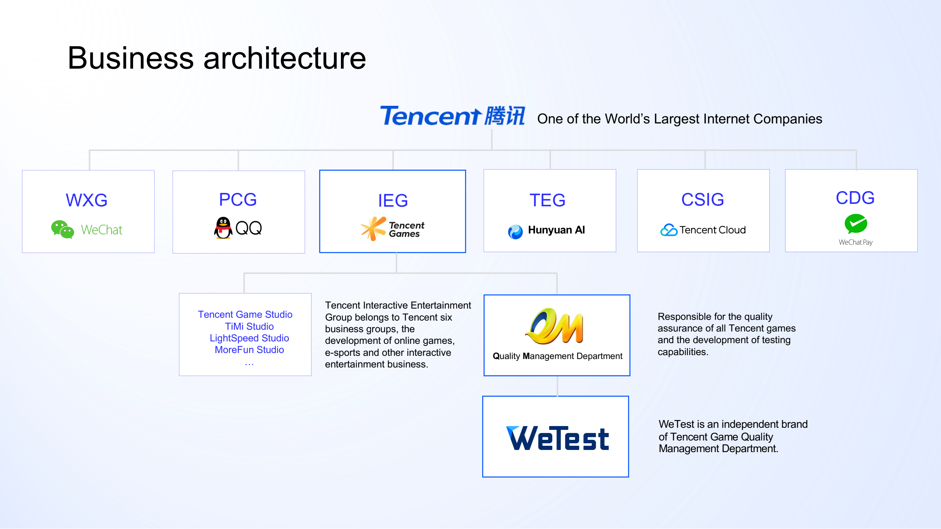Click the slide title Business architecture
[x=217, y=58]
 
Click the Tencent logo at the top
[x=452, y=116]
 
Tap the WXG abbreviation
[x=86, y=200]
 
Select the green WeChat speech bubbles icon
[x=62, y=229]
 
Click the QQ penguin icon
[x=223, y=228]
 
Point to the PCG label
[x=238, y=199]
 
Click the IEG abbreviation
[x=393, y=200]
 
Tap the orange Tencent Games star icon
[x=373, y=229]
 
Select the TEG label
[x=547, y=200]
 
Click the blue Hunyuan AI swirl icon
[x=515, y=232]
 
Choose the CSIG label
[x=702, y=199]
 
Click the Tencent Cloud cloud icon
[x=669, y=230]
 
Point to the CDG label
[x=855, y=198]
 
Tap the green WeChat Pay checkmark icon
[x=856, y=224]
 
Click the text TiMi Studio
[x=249, y=326]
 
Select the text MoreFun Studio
[x=249, y=350]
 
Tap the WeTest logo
[x=557, y=438]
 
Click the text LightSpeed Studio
[x=249, y=338]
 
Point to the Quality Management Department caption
[x=557, y=356]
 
